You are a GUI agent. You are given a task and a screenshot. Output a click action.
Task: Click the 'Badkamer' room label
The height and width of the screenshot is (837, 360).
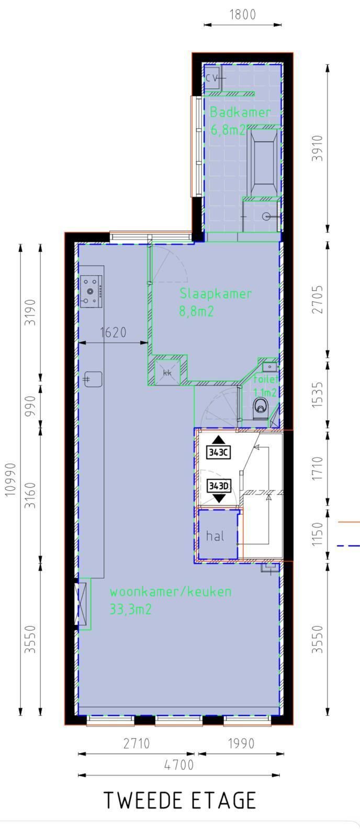click(240, 112)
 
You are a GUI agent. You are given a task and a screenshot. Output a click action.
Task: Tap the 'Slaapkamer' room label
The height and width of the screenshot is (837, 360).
click(216, 293)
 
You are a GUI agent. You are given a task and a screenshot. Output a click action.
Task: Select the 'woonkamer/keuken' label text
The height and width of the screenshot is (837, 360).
click(171, 592)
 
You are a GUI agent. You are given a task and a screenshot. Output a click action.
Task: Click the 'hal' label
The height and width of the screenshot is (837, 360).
click(215, 536)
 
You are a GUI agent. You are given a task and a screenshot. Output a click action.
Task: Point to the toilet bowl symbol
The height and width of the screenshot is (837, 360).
click(260, 406)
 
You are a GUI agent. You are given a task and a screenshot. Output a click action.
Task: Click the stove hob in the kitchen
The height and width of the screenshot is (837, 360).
click(91, 291)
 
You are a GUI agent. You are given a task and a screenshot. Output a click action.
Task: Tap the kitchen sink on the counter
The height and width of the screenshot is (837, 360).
click(93, 379)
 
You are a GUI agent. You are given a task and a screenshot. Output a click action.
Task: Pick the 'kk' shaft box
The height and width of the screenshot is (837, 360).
click(167, 372)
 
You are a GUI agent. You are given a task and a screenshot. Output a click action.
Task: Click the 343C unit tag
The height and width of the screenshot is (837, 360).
click(219, 452)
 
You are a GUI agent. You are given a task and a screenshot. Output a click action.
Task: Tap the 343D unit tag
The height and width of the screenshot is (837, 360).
click(219, 486)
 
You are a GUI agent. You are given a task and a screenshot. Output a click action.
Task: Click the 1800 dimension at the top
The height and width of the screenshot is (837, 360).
click(243, 15)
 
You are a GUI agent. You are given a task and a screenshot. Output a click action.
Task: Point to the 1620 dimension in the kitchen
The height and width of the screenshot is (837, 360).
click(113, 333)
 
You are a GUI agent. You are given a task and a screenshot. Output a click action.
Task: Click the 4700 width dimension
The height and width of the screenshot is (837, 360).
click(179, 765)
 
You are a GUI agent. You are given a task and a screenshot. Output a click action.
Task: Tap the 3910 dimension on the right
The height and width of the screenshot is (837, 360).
click(318, 148)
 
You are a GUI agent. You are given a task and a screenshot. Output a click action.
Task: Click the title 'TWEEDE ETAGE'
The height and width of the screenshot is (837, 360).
click(180, 801)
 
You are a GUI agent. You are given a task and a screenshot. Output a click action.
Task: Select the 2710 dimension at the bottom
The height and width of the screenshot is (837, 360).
click(137, 743)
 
